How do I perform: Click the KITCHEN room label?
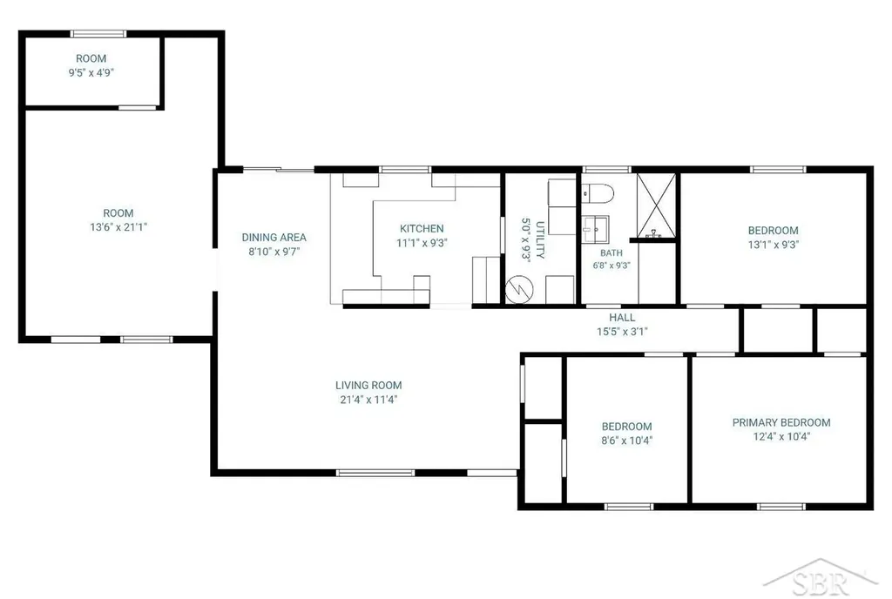tap(422, 228)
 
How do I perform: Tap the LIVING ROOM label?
tap(368, 386)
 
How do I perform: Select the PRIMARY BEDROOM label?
tap(781, 422)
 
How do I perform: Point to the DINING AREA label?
tap(274, 237)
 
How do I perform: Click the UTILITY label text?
tap(540, 239)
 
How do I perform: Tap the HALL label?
tap(622, 317)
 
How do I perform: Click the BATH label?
tap(612, 252)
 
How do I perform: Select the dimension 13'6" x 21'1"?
tap(118, 226)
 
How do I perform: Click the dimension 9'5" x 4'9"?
tap(91, 72)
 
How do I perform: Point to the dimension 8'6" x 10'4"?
tap(627, 440)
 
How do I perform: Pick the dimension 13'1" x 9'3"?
tap(774, 245)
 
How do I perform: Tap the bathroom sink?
tap(595, 229)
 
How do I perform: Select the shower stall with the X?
tap(656, 205)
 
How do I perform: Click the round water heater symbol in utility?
tap(519, 289)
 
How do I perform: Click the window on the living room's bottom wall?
tap(375, 472)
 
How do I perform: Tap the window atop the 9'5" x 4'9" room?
tap(98, 34)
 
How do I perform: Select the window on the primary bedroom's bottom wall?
tap(781, 507)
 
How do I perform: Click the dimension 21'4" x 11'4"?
tap(368, 400)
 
